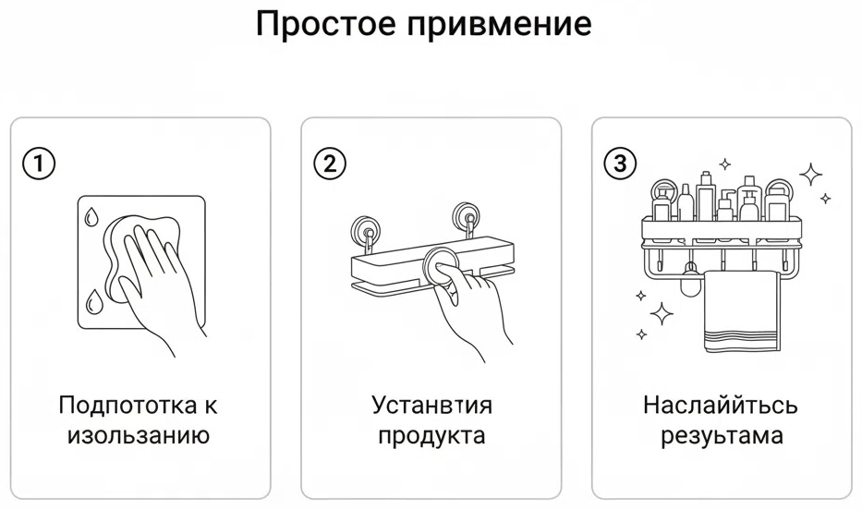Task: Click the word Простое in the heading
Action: click(326, 23)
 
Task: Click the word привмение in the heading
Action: click(500, 25)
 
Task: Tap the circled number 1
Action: click(39, 164)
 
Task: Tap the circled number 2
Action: click(330, 164)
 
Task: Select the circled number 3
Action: click(620, 164)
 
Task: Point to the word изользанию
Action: click(139, 436)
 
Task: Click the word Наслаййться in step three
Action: click(720, 406)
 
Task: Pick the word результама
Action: click(722, 436)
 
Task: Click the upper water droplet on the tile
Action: click(91, 216)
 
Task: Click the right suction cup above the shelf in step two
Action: click(467, 216)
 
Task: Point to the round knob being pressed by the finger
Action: click(439, 265)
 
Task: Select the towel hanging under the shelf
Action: click(742, 311)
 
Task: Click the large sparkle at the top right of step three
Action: click(811, 176)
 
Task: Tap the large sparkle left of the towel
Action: click(662, 314)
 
